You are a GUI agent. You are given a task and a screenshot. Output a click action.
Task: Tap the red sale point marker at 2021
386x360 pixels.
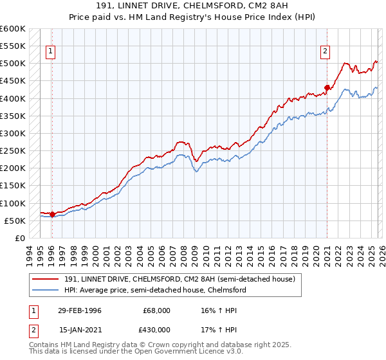[x=327, y=87]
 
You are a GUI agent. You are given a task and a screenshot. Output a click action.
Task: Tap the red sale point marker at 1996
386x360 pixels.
[x=52, y=214]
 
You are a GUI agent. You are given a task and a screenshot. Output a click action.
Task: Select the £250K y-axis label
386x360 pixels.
[x=13, y=151]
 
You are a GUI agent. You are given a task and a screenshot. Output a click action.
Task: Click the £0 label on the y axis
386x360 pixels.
[x=19, y=238]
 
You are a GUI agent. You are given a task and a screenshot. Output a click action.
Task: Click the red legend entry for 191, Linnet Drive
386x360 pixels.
[x=179, y=279]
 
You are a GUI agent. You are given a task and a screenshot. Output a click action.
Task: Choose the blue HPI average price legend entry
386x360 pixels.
[x=155, y=290]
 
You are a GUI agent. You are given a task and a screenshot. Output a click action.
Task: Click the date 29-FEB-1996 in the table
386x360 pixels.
[x=79, y=310]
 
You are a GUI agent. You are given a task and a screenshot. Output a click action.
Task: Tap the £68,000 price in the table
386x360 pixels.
[x=156, y=310]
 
